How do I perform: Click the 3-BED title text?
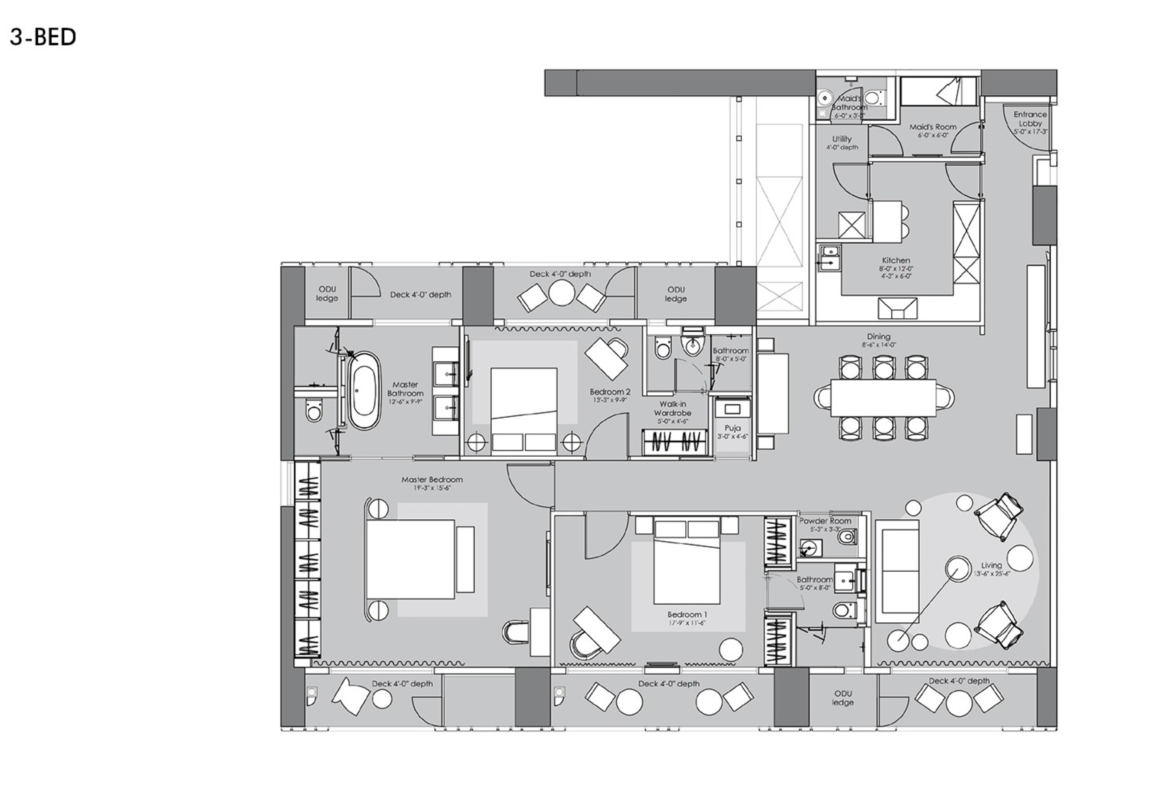pos(43,38)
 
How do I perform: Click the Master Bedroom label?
pos(432,479)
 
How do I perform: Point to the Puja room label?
pos(732,429)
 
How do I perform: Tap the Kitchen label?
pos(896,261)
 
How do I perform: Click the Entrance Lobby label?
pos(1030,119)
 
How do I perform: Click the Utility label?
pos(842,139)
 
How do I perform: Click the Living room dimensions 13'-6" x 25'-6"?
pos(992,574)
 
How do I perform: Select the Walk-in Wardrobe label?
pos(672,409)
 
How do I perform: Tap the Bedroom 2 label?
pos(610,392)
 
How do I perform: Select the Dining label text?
pos(878,337)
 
